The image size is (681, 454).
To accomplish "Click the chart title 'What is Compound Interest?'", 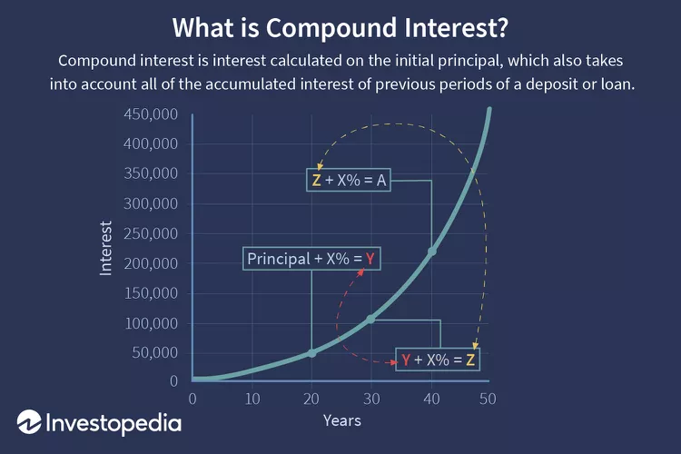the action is (x=340, y=28).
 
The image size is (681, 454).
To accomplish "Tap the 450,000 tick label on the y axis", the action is (x=151, y=113).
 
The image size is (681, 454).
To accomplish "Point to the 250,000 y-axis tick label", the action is (x=151, y=233).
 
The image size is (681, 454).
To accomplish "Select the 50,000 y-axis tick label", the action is (x=155, y=352).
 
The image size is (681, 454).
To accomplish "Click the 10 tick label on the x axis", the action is (x=252, y=399).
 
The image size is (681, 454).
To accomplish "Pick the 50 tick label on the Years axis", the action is (x=488, y=399).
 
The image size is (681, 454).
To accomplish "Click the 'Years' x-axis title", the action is (x=341, y=420).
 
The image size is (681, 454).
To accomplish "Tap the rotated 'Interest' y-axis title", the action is (x=105, y=248).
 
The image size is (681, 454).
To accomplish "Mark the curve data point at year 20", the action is (x=311, y=353).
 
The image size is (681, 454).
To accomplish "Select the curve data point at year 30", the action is (x=370, y=320).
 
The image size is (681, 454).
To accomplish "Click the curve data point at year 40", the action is (x=431, y=252).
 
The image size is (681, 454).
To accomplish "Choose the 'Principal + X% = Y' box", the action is (x=311, y=259).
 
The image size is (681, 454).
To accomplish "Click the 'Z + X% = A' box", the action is (x=349, y=180).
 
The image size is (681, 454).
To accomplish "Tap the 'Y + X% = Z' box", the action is (x=438, y=360).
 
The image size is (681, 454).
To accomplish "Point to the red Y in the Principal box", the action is (x=370, y=259).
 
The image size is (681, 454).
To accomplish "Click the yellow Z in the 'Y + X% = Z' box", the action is (x=470, y=360).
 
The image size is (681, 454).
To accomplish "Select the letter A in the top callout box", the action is (x=380, y=180).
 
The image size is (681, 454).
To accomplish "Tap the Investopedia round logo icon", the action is (x=29, y=421).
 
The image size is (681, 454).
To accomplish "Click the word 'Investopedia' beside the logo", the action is (x=113, y=423).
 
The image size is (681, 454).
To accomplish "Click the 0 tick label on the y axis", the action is (x=173, y=381).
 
